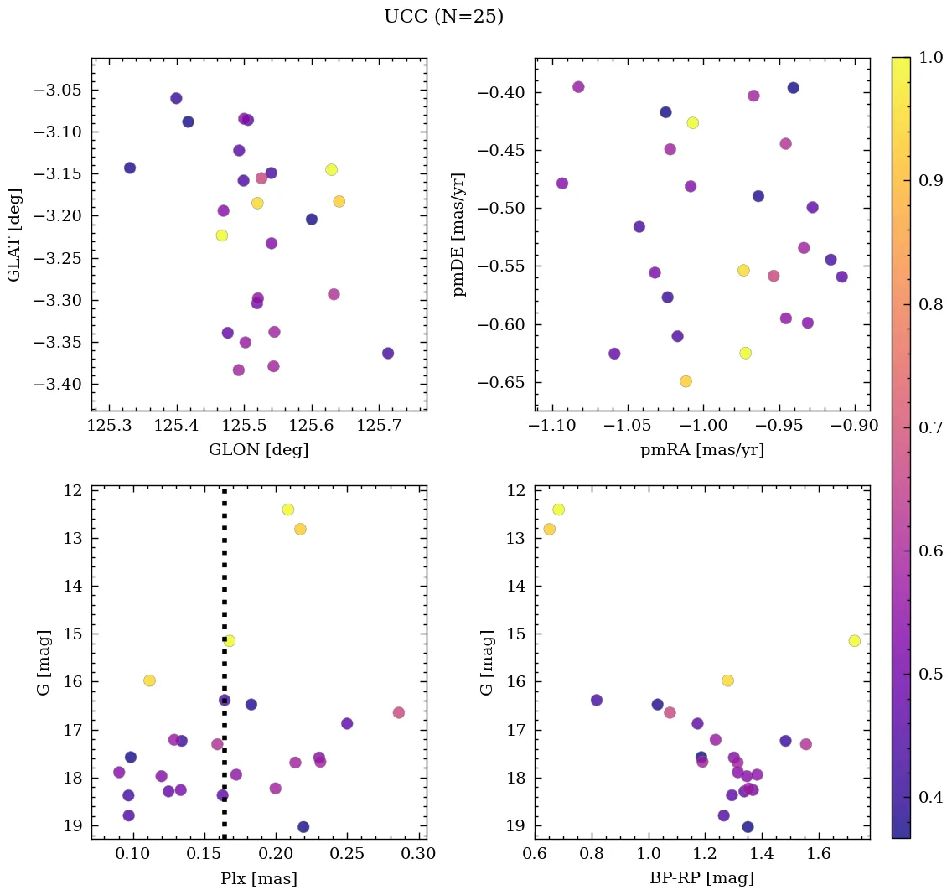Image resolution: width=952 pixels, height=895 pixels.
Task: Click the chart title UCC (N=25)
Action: pyautogui.click(x=443, y=17)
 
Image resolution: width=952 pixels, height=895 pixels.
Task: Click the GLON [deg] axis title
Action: pyautogui.click(x=258, y=450)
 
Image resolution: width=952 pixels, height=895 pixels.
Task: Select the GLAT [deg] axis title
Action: pyautogui.click(x=14, y=235)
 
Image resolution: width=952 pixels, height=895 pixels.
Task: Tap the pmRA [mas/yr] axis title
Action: pyautogui.click(x=702, y=450)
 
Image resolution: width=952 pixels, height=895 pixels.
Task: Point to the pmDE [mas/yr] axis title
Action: pyautogui.click(x=458, y=235)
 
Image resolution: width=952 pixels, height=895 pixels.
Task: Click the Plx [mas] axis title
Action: pyautogui.click(x=258, y=878)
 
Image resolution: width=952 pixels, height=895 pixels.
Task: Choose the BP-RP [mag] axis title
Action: pyautogui.click(x=702, y=878)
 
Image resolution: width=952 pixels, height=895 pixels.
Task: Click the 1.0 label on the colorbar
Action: pyautogui.click(x=932, y=57)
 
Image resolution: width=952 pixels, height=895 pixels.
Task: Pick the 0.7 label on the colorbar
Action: pyautogui.click(x=932, y=427)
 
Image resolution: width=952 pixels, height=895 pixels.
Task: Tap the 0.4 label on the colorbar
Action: pyautogui.click(x=932, y=798)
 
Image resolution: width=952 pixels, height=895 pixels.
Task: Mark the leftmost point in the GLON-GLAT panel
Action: pyautogui.click(x=130, y=168)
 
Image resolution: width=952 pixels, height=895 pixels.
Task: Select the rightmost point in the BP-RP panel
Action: pyautogui.click(x=854, y=641)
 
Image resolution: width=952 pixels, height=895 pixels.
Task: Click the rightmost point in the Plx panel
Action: pyautogui.click(x=399, y=712)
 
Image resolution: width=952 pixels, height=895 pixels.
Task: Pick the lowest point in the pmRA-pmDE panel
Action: pyautogui.click(x=686, y=381)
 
